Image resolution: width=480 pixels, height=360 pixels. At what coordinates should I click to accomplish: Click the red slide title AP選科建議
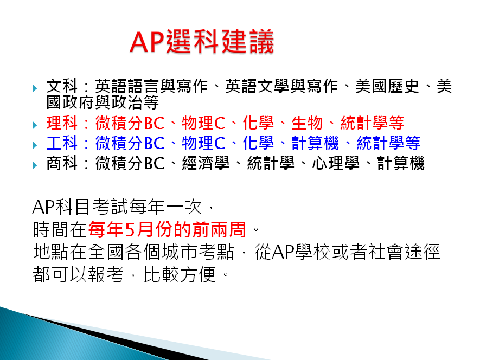[202, 42]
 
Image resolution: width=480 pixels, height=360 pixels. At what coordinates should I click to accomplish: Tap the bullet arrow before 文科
[35, 88]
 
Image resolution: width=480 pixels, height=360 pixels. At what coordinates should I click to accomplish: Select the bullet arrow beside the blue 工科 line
[35, 145]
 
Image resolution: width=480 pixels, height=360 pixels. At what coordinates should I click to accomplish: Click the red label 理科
[62, 123]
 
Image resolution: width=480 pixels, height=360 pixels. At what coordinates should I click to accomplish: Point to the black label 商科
[62, 163]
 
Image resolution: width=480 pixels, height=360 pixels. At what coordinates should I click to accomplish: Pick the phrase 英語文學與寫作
[281, 86]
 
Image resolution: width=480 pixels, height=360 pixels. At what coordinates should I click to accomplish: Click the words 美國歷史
[387, 86]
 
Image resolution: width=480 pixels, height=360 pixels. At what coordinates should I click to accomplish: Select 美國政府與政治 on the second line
[94, 102]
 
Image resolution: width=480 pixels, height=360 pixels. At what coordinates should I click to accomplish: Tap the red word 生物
[307, 123]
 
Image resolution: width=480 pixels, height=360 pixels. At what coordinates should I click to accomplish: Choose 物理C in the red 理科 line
[204, 123]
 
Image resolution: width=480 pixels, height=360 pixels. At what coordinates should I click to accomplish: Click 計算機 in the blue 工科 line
[315, 143]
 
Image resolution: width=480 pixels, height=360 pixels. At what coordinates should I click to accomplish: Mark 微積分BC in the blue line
[130, 143]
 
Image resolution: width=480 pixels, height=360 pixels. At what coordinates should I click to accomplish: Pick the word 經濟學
[206, 163]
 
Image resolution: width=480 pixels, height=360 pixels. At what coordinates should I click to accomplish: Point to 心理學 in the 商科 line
[336, 163]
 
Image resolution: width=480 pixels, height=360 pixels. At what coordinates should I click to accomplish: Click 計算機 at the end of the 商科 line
[401, 163]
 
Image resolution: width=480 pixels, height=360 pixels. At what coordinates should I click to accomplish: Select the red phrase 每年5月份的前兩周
[167, 229]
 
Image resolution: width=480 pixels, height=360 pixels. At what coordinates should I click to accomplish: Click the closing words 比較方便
[180, 274]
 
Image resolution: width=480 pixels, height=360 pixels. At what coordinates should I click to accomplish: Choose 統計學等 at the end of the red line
[372, 123]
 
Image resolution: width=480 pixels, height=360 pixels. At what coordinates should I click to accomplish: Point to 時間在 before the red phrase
[60, 229]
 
